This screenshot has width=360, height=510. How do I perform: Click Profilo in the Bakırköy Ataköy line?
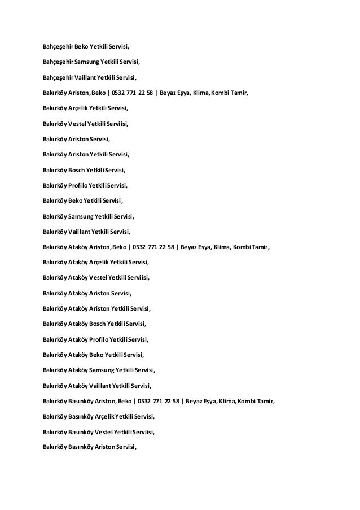(100, 339)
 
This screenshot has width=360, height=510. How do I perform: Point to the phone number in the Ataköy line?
(152, 246)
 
